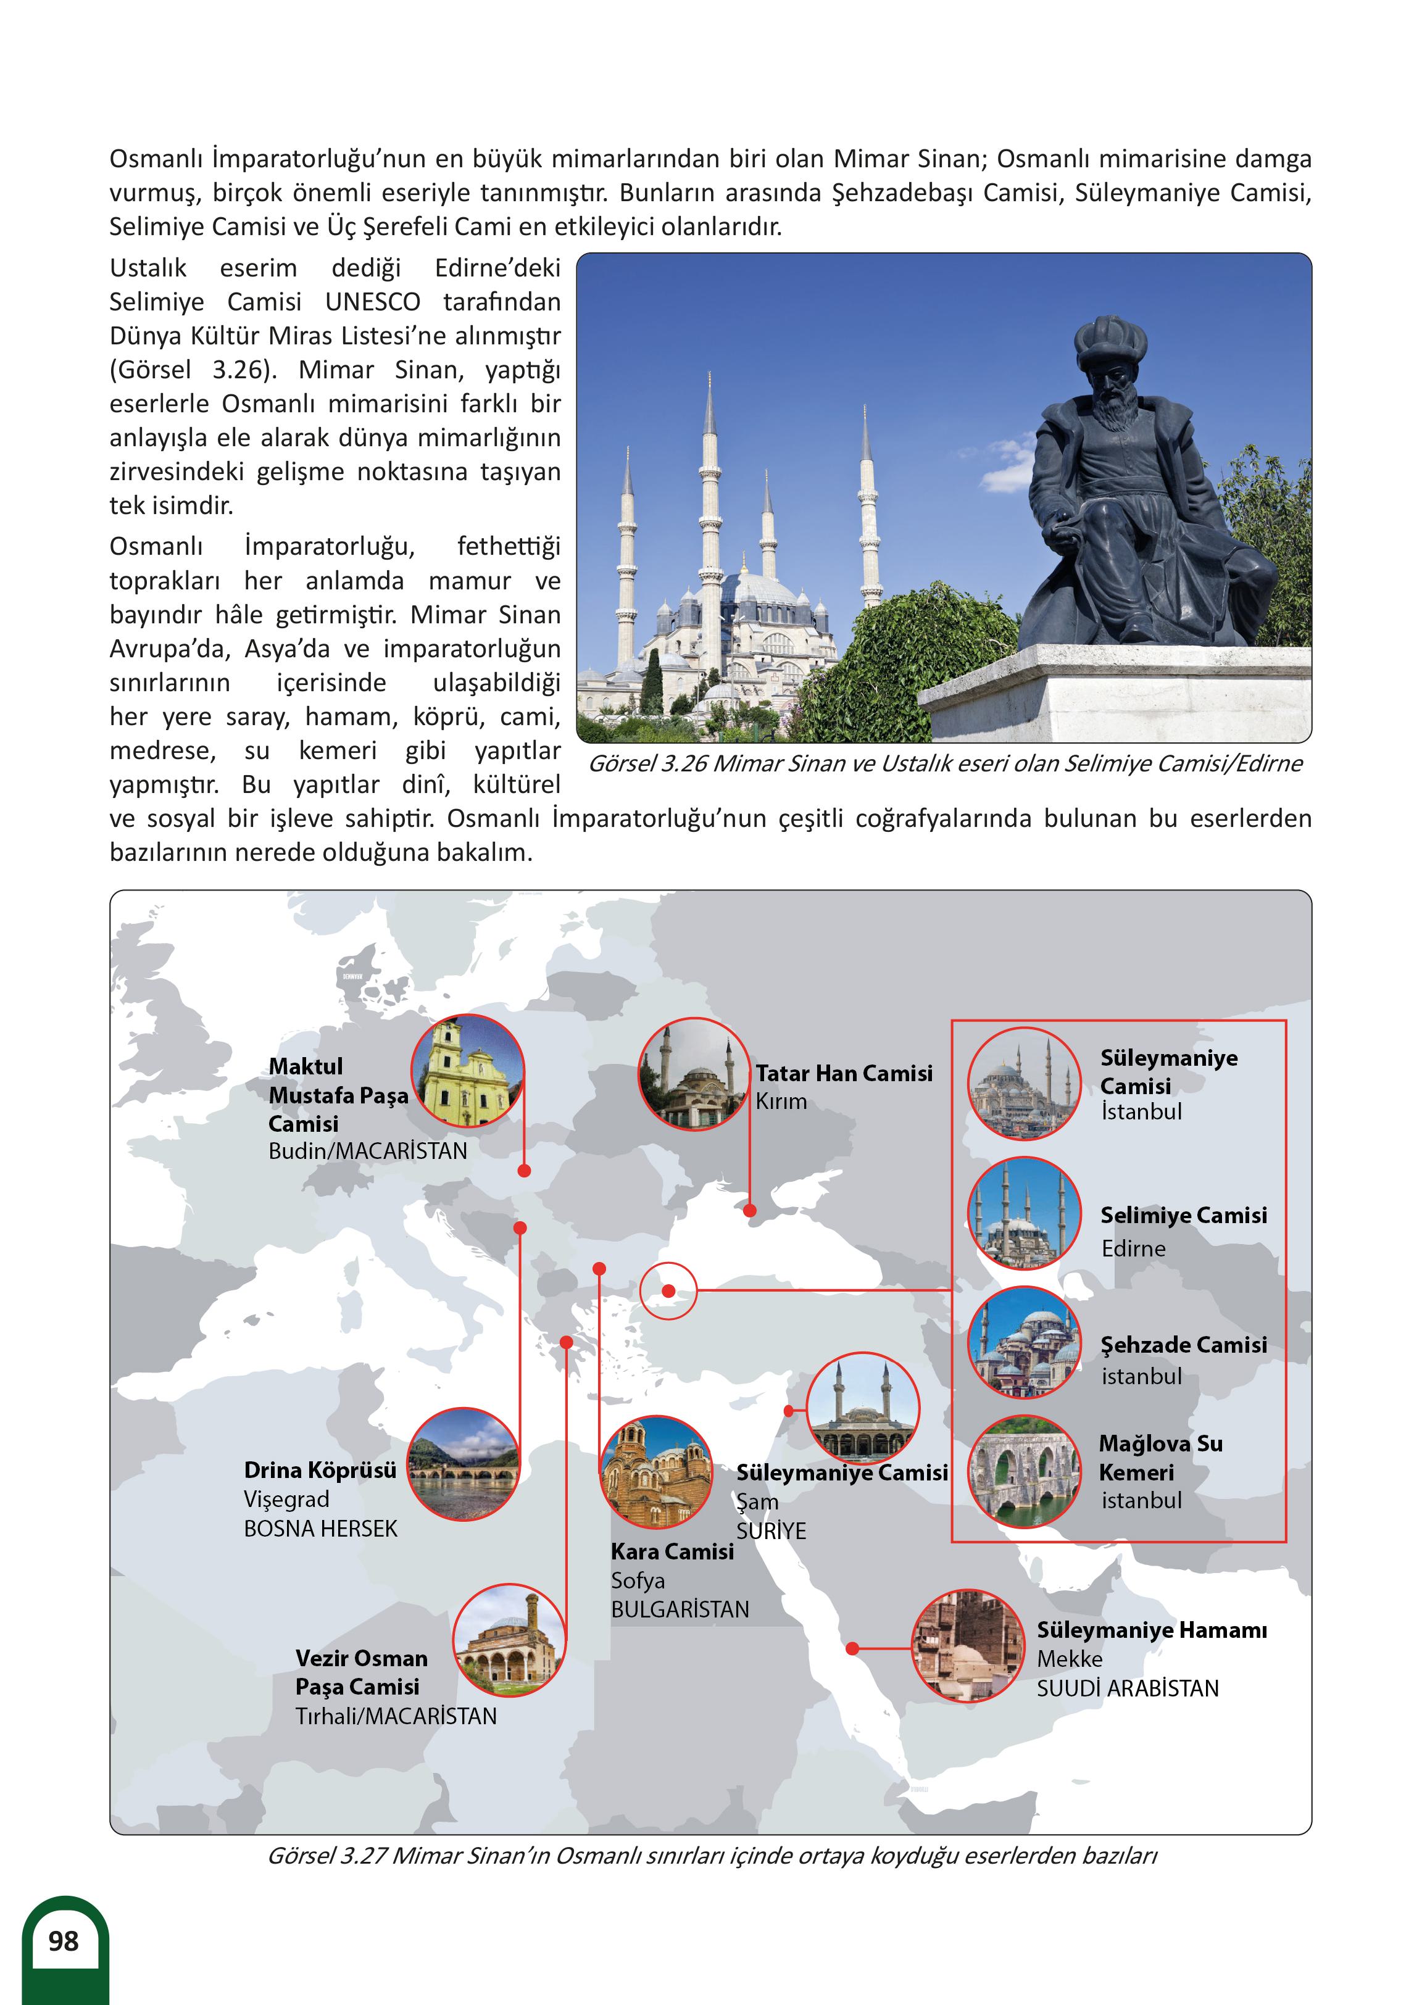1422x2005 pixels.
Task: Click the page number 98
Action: (63, 1941)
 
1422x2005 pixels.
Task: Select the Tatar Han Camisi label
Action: (844, 1073)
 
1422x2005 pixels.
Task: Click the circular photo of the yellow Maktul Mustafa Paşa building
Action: (468, 1071)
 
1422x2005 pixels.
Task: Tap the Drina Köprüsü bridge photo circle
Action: (464, 1464)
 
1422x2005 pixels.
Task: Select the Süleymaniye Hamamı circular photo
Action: (968, 1645)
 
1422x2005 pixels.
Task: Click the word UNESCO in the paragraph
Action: (372, 302)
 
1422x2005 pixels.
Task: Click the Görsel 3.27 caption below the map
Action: (712, 1855)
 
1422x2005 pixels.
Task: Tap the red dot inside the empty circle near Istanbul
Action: (668, 1290)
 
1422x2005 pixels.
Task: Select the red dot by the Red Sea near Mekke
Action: (852, 1649)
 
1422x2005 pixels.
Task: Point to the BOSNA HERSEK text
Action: (320, 1528)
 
